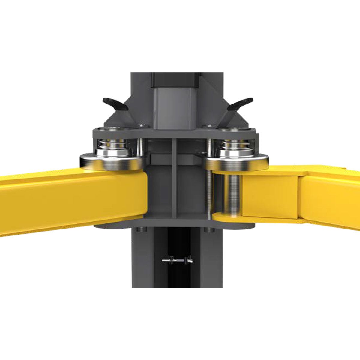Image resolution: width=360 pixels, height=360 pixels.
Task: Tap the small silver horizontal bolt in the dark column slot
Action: coord(177,260)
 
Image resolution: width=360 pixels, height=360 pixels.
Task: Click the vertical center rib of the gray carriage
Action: coord(174,180)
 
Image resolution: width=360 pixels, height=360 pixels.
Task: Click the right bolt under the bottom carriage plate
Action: coord(207,230)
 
